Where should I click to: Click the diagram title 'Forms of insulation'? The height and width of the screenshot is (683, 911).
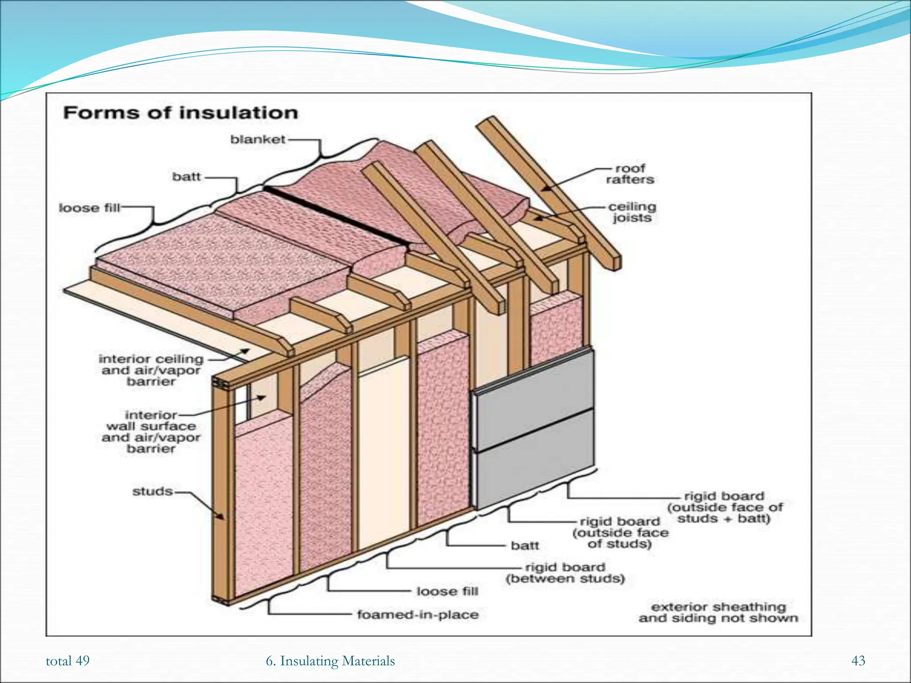coord(180,113)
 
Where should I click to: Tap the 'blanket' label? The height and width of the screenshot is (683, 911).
coord(258,140)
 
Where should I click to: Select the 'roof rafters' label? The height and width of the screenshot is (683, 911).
coord(630,174)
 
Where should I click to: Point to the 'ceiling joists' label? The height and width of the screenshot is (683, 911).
coord(632,212)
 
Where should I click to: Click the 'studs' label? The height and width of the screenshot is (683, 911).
coord(153,491)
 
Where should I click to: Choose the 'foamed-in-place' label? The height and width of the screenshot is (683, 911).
coord(418,615)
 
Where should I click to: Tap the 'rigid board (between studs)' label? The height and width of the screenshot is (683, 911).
coord(565,573)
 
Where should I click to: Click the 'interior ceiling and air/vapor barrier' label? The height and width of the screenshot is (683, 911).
coord(151,370)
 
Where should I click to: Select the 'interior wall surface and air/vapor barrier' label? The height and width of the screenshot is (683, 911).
coord(151,432)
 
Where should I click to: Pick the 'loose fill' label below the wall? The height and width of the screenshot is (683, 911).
coord(447,591)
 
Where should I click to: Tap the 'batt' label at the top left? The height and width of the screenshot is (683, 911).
coord(186,177)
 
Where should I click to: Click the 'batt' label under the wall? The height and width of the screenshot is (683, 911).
coord(525,545)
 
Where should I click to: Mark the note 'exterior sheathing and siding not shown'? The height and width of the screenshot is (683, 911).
coord(718,613)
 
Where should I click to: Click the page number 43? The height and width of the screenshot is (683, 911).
coord(858,661)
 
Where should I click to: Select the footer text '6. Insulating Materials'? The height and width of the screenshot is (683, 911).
coord(330,661)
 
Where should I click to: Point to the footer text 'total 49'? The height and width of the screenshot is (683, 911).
coord(68,661)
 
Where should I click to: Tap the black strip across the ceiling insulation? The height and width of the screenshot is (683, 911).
coord(336,217)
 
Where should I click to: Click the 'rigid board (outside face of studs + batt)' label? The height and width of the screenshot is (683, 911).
coord(725,507)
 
